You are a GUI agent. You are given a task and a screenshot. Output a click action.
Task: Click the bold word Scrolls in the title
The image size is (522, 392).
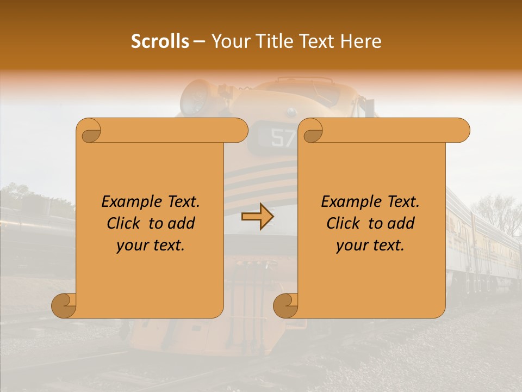click(x=160, y=41)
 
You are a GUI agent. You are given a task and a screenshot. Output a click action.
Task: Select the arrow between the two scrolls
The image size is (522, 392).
click(x=257, y=217)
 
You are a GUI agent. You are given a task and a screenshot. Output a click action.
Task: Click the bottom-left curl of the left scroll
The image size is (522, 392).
click(x=64, y=305)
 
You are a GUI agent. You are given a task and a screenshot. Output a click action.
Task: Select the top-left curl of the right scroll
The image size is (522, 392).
click(x=312, y=131)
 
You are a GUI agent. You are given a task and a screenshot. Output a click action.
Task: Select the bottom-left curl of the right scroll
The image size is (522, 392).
click(x=286, y=305)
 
